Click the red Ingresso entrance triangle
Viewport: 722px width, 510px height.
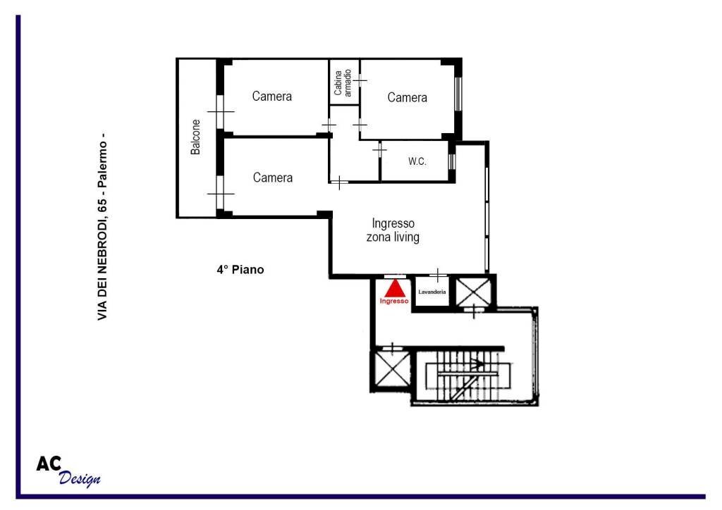click(395, 288)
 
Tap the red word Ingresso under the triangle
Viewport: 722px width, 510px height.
click(394, 301)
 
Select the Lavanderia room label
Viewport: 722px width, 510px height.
click(432, 292)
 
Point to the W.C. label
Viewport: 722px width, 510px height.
click(417, 161)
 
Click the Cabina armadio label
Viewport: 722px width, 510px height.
click(343, 83)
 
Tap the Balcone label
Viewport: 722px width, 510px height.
click(196, 137)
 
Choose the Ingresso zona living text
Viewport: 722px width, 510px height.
click(393, 230)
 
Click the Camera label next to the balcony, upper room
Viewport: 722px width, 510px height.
click(271, 96)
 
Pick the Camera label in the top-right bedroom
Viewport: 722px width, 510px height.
click(407, 97)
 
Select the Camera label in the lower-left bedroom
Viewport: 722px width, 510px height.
click(273, 178)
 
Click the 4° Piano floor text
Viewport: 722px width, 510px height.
click(240, 270)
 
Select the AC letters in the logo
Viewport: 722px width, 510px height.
click(49, 464)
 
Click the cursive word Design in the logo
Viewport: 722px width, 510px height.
click(80, 478)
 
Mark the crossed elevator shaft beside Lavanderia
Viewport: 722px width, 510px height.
click(474, 292)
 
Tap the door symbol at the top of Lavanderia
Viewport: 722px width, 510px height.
click(438, 275)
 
